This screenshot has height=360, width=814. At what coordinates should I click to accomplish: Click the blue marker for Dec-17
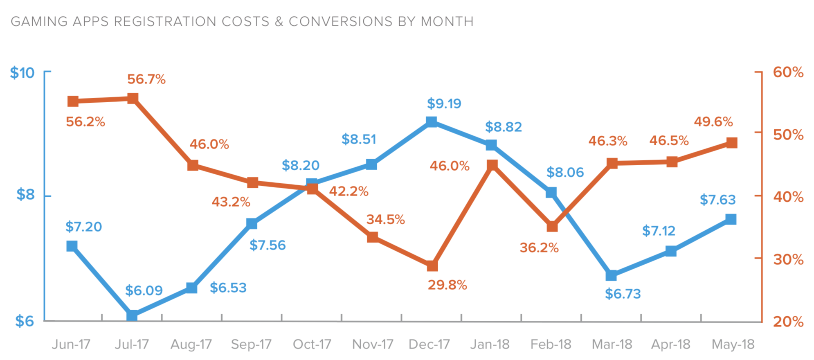pos(431,122)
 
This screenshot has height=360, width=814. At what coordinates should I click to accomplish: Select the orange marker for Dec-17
pos(432,266)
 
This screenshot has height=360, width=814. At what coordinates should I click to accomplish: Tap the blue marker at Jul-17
pos(132,315)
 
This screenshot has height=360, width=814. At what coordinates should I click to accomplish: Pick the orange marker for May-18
pos(731,143)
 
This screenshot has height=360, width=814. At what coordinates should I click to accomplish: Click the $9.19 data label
pos(444,103)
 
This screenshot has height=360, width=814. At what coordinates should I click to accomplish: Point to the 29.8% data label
pos(447,285)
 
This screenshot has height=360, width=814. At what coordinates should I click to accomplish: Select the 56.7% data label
pos(146,79)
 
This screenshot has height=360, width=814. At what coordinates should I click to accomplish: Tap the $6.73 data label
pos(623,294)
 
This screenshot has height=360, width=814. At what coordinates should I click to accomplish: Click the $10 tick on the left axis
pos(22,73)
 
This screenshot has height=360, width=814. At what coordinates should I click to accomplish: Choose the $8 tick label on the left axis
pos(25,195)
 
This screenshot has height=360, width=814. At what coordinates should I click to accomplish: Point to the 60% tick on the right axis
pos(788,72)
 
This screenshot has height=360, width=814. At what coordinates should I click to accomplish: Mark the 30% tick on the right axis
pos(788,259)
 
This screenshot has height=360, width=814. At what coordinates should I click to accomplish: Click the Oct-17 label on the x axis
pos(312,344)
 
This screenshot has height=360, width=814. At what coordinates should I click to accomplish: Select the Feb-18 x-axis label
pos(551,344)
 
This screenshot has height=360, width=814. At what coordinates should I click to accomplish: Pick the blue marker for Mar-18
pos(611,275)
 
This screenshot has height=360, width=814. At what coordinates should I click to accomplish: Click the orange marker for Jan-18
pos(492,165)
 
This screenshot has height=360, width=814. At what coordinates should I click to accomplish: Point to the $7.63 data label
pos(717,200)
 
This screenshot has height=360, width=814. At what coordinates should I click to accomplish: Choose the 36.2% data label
pos(539,248)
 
